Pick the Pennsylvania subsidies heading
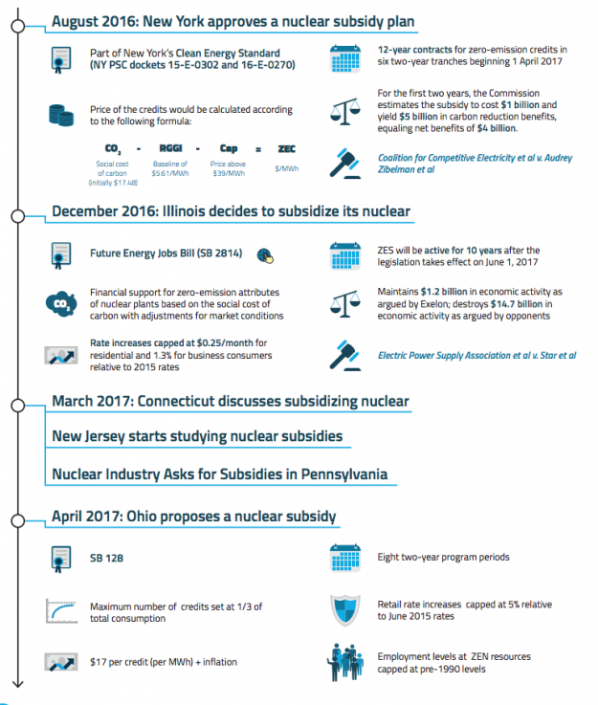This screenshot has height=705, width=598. click(x=220, y=474)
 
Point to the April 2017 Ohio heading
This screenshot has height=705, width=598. click(x=194, y=517)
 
